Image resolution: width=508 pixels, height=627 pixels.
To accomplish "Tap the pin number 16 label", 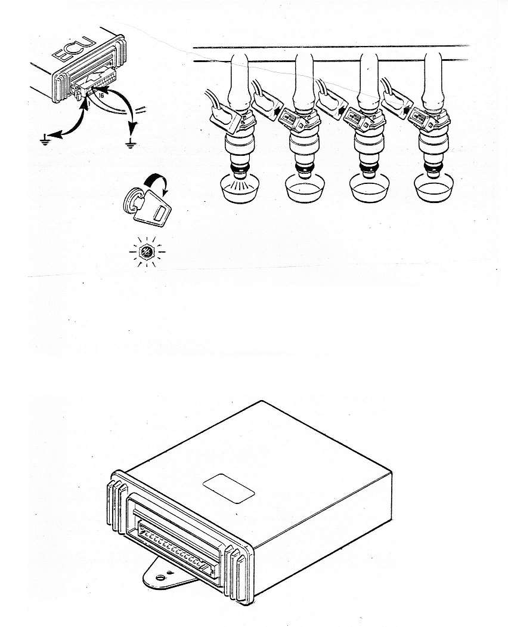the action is pyautogui.click(x=100, y=96).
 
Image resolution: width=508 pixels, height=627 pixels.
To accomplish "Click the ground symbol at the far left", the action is pyautogui.click(x=45, y=140).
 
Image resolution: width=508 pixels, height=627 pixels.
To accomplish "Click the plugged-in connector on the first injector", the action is pyautogui.click(x=225, y=118).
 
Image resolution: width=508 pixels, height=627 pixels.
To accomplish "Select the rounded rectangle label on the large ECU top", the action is pyautogui.click(x=229, y=488).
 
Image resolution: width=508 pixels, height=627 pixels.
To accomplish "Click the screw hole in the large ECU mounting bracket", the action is pyautogui.click(x=160, y=577).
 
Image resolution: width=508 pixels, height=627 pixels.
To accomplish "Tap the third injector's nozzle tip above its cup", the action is pyautogui.click(x=369, y=173).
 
